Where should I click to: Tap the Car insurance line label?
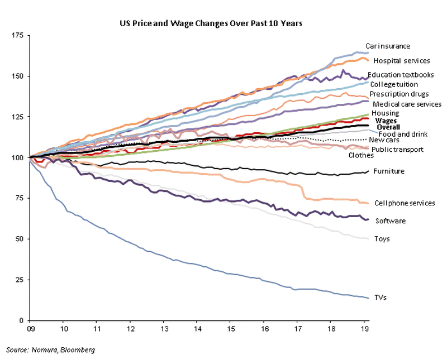(x=388, y=46)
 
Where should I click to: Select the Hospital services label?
(x=401, y=60)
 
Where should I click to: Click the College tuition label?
(x=394, y=84)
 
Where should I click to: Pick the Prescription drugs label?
(x=399, y=94)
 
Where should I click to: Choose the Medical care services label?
(x=407, y=104)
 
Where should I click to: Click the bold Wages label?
(x=386, y=120)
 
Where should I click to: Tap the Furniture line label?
(x=389, y=171)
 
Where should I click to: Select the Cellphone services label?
(x=405, y=203)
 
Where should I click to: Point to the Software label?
(x=390, y=221)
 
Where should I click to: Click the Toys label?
(x=382, y=239)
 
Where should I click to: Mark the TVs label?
(x=381, y=297)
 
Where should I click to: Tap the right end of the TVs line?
(x=368, y=298)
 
